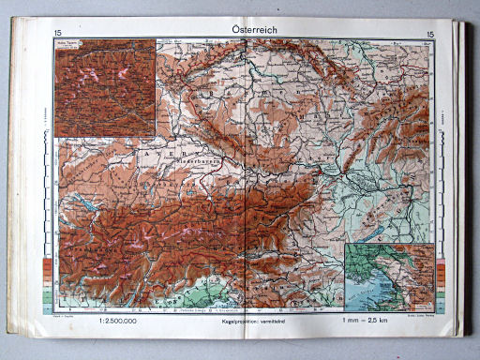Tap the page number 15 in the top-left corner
tap(58, 35)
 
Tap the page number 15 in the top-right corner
tap(430, 35)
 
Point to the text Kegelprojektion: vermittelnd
tap(246, 321)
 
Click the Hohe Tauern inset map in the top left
tap(104, 89)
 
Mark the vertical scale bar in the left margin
tap(44, 131)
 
